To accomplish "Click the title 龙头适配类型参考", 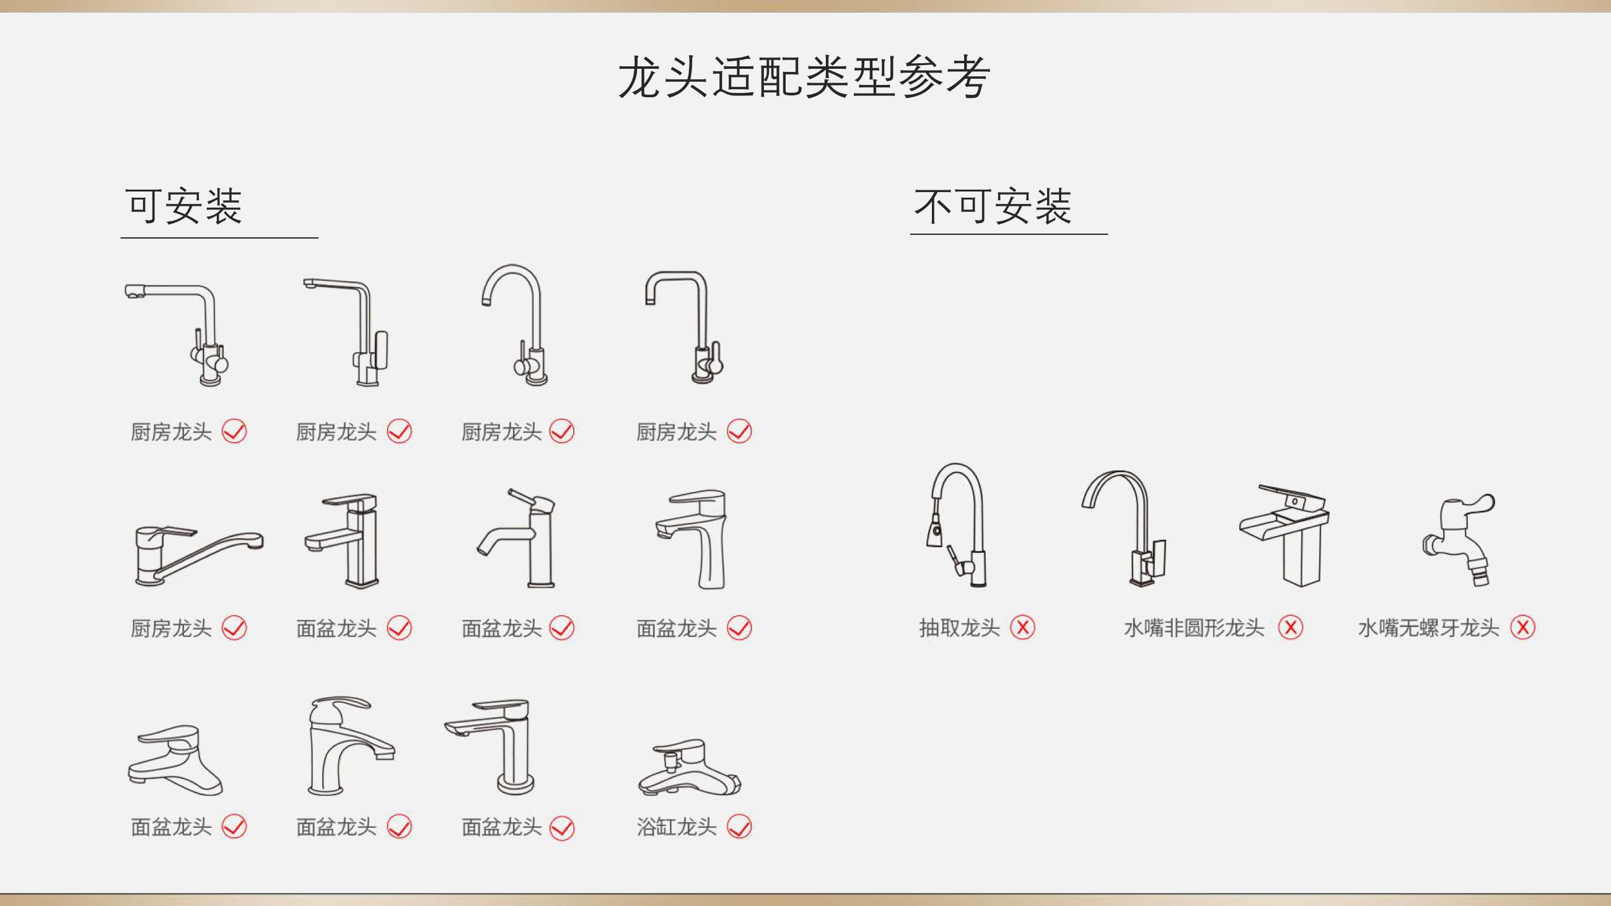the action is tap(804, 77).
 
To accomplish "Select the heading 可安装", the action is tap(184, 206).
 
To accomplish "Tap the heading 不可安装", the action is tap(993, 206).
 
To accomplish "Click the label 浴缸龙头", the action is tap(676, 827).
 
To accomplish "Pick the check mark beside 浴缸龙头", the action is tap(739, 827).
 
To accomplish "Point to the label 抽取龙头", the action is tap(959, 627).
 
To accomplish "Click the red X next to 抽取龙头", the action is tap(1022, 627).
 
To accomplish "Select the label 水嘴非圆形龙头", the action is tap(1194, 627).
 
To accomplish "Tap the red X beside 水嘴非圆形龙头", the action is tap(1290, 627).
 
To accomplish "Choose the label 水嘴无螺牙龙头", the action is tap(1428, 627).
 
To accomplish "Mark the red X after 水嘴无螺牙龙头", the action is tap(1523, 627).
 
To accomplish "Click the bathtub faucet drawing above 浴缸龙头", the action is tap(689, 768).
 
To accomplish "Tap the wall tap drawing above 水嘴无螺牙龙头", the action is tap(1459, 540).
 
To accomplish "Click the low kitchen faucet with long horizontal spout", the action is tap(199, 555).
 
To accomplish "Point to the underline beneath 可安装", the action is tap(219, 237).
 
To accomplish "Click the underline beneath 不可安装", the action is tap(1009, 234).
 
